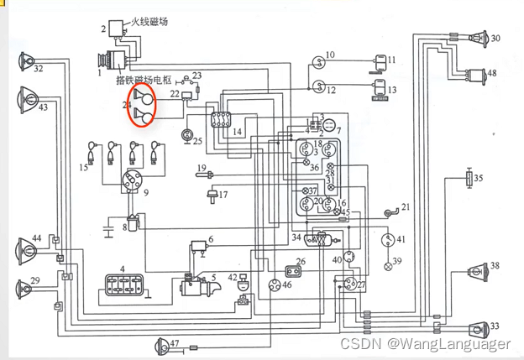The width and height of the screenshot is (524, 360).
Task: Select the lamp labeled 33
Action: pyautogui.click(x=479, y=326)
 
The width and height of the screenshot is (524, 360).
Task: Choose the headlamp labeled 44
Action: pyautogui.click(x=24, y=249)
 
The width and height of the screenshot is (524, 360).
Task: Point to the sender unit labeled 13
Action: pyautogui.click(x=380, y=89)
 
